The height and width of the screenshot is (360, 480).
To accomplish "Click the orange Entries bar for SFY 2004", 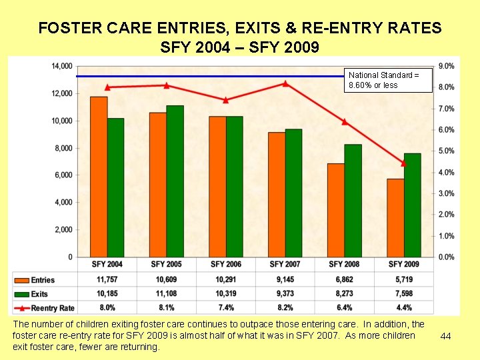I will point(99,177).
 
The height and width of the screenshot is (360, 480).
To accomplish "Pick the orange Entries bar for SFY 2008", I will point(336,210).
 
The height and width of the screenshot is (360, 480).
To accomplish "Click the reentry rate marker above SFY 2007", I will point(285,83).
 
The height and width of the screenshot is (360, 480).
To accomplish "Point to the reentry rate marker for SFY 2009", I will point(403,163).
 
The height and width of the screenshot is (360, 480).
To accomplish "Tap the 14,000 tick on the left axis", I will point(62,66).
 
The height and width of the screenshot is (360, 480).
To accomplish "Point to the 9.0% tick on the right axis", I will point(447,66).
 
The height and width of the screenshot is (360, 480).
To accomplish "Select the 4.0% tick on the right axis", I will point(447,172).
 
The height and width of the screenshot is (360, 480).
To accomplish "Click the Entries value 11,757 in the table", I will point(107,280).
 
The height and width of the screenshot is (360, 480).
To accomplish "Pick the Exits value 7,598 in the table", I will point(404,294).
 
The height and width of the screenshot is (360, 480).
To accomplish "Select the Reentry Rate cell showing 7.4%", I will point(226,308).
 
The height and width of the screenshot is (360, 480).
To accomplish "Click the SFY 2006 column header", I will point(226,265).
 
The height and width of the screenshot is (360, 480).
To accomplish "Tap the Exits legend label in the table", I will point(39,294).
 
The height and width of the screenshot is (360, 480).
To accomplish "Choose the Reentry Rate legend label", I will point(53,308).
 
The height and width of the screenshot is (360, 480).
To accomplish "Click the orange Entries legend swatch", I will point(21,280).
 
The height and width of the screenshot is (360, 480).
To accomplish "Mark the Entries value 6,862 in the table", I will point(345,280).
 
